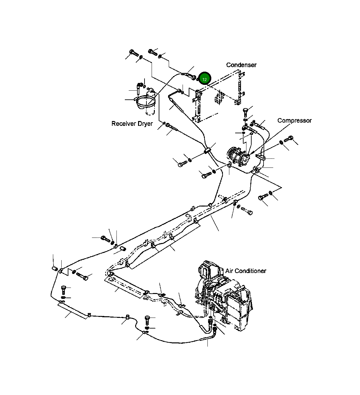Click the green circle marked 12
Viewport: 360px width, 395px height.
[205, 78]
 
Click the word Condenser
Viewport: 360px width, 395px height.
[241, 65]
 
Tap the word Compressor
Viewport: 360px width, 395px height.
[295, 121]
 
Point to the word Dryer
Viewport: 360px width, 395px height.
[145, 124]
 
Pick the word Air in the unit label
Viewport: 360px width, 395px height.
[229, 271]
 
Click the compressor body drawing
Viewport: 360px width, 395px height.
[238, 156]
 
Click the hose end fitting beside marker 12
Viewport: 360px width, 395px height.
[192, 77]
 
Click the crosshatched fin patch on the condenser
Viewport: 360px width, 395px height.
[220, 97]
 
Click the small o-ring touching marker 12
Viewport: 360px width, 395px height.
[198, 79]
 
